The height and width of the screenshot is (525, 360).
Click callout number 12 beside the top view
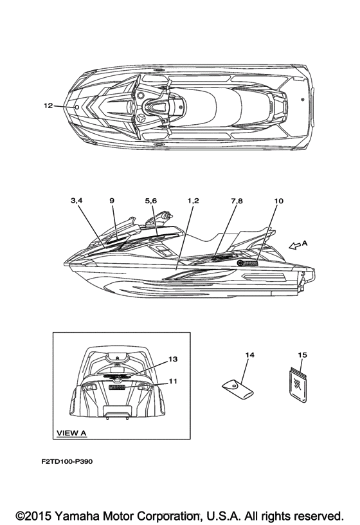(x=48, y=106)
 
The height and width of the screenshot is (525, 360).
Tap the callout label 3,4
(x=76, y=201)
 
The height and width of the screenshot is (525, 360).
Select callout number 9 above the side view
(x=112, y=201)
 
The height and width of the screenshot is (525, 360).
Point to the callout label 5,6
(x=151, y=201)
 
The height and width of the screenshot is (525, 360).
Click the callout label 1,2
(x=193, y=201)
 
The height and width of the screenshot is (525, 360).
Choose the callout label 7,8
(x=237, y=201)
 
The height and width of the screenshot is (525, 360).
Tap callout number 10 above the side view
(x=278, y=201)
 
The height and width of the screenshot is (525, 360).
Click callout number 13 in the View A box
(x=173, y=359)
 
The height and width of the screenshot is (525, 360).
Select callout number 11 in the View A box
(x=173, y=381)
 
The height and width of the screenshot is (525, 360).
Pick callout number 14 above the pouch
(x=249, y=355)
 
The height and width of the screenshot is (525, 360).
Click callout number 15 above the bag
(x=302, y=355)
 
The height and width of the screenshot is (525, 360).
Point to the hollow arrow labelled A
(x=294, y=246)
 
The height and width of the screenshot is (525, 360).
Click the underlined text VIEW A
(x=71, y=433)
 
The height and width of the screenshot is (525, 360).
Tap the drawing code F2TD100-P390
(x=67, y=461)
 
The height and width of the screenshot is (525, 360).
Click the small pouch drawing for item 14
(x=238, y=389)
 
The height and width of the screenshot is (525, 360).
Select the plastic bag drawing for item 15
(x=298, y=385)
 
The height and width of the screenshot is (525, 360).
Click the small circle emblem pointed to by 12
(x=76, y=107)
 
